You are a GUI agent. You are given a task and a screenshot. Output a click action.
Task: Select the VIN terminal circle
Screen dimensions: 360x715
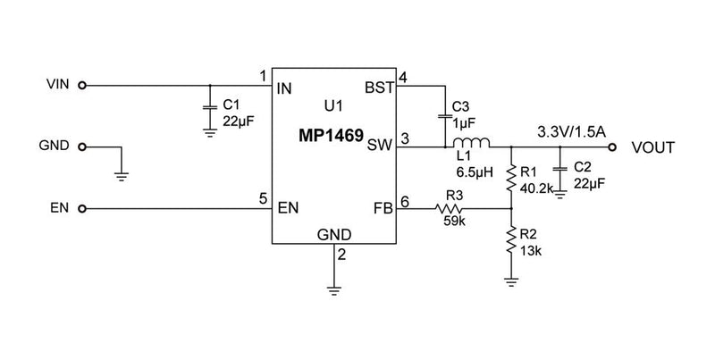click(x=82, y=87)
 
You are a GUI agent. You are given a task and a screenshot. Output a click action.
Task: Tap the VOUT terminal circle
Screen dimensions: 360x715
click(x=612, y=147)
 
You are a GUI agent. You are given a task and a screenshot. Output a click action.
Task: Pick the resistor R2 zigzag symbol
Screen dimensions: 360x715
click(x=510, y=239)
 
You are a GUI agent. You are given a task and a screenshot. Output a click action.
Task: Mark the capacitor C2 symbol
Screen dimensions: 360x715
click(x=559, y=169)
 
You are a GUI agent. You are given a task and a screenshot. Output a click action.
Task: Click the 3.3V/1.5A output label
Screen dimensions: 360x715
click(x=571, y=131)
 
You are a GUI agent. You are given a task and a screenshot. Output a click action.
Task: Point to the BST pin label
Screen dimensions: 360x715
click(x=378, y=88)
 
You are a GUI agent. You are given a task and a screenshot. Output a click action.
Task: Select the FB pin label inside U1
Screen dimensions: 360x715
click(x=382, y=209)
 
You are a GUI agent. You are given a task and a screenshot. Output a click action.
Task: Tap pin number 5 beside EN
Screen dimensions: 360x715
click(x=263, y=198)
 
